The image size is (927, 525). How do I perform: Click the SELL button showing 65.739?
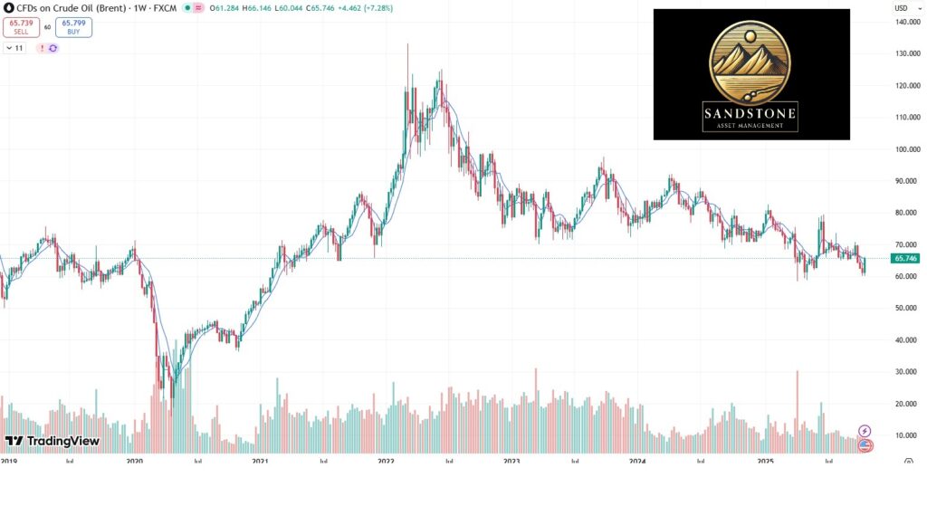21,27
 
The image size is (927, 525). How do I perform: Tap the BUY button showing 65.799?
73,27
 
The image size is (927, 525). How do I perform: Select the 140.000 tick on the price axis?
907,23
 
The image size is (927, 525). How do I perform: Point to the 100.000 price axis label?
907,149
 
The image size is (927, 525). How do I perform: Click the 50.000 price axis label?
907,309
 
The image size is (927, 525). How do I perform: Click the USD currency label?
902,7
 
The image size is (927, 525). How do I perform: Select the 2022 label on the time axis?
387,461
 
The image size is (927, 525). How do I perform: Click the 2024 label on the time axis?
637,461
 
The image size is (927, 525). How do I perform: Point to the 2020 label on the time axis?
135,461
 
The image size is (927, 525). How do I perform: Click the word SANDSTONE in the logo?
751,113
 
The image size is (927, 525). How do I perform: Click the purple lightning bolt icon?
865,431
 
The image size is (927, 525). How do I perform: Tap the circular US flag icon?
865,445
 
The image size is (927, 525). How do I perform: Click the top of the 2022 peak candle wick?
407,44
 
